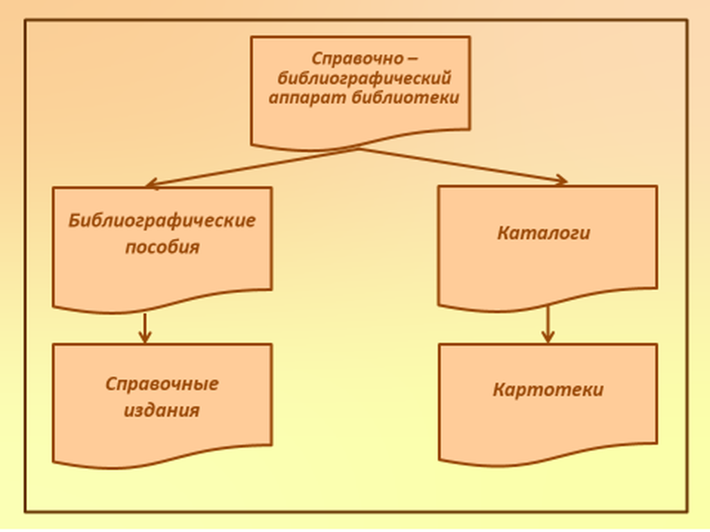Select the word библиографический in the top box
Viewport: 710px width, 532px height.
(x=364, y=78)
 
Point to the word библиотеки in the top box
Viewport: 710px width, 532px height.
(x=405, y=98)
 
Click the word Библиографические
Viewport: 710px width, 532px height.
(x=162, y=221)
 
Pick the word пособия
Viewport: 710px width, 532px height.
(x=162, y=247)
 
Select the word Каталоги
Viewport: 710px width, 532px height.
(x=544, y=233)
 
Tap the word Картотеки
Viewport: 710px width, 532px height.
(x=548, y=390)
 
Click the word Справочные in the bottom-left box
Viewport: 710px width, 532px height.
(x=162, y=384)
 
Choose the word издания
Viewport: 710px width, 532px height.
(x=162, y=411)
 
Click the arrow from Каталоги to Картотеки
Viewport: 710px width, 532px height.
(x=548, y=323)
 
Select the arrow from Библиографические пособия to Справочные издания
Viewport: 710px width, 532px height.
(x=144, y=327)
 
